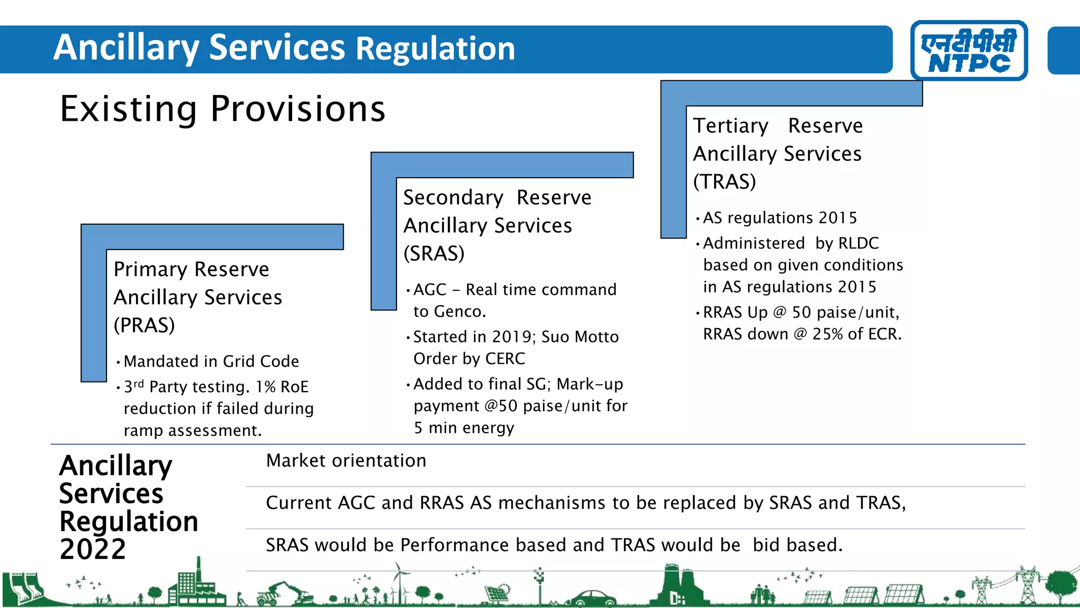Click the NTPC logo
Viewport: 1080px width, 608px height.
point(969,51)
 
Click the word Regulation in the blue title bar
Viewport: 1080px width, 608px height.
point(436,49)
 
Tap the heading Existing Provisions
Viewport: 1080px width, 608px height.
point(223,109)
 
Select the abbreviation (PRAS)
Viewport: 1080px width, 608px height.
point(144,325)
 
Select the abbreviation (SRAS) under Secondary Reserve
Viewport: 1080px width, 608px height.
point(433,253)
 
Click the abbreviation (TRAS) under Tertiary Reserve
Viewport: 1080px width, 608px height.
point(724,182)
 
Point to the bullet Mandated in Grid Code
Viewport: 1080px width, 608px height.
point(211,362)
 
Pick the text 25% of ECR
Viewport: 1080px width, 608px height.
point(856,334)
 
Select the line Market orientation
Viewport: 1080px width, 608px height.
point(346,461)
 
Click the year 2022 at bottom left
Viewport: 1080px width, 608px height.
point(93,549)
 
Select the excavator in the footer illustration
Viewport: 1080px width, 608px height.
point(285,592)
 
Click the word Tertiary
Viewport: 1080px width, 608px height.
point(730,126)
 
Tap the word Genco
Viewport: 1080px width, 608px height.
point(459,312)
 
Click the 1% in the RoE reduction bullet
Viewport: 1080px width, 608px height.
point(265,387)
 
